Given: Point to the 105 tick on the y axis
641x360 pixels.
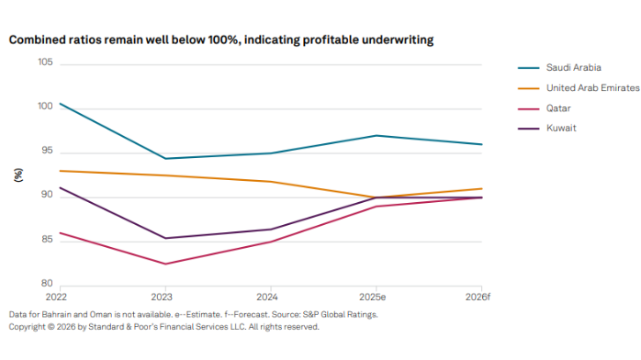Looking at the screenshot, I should pyautogui.click(x=45, y=62).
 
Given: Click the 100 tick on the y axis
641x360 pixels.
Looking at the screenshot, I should pyautogui.click(x=45, y=107).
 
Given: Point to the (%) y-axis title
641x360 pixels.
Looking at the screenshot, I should pyautogui.click(x=18, y=174).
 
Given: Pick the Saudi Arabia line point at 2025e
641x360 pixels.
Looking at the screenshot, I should pyautogui.click(x=375, y=135).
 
